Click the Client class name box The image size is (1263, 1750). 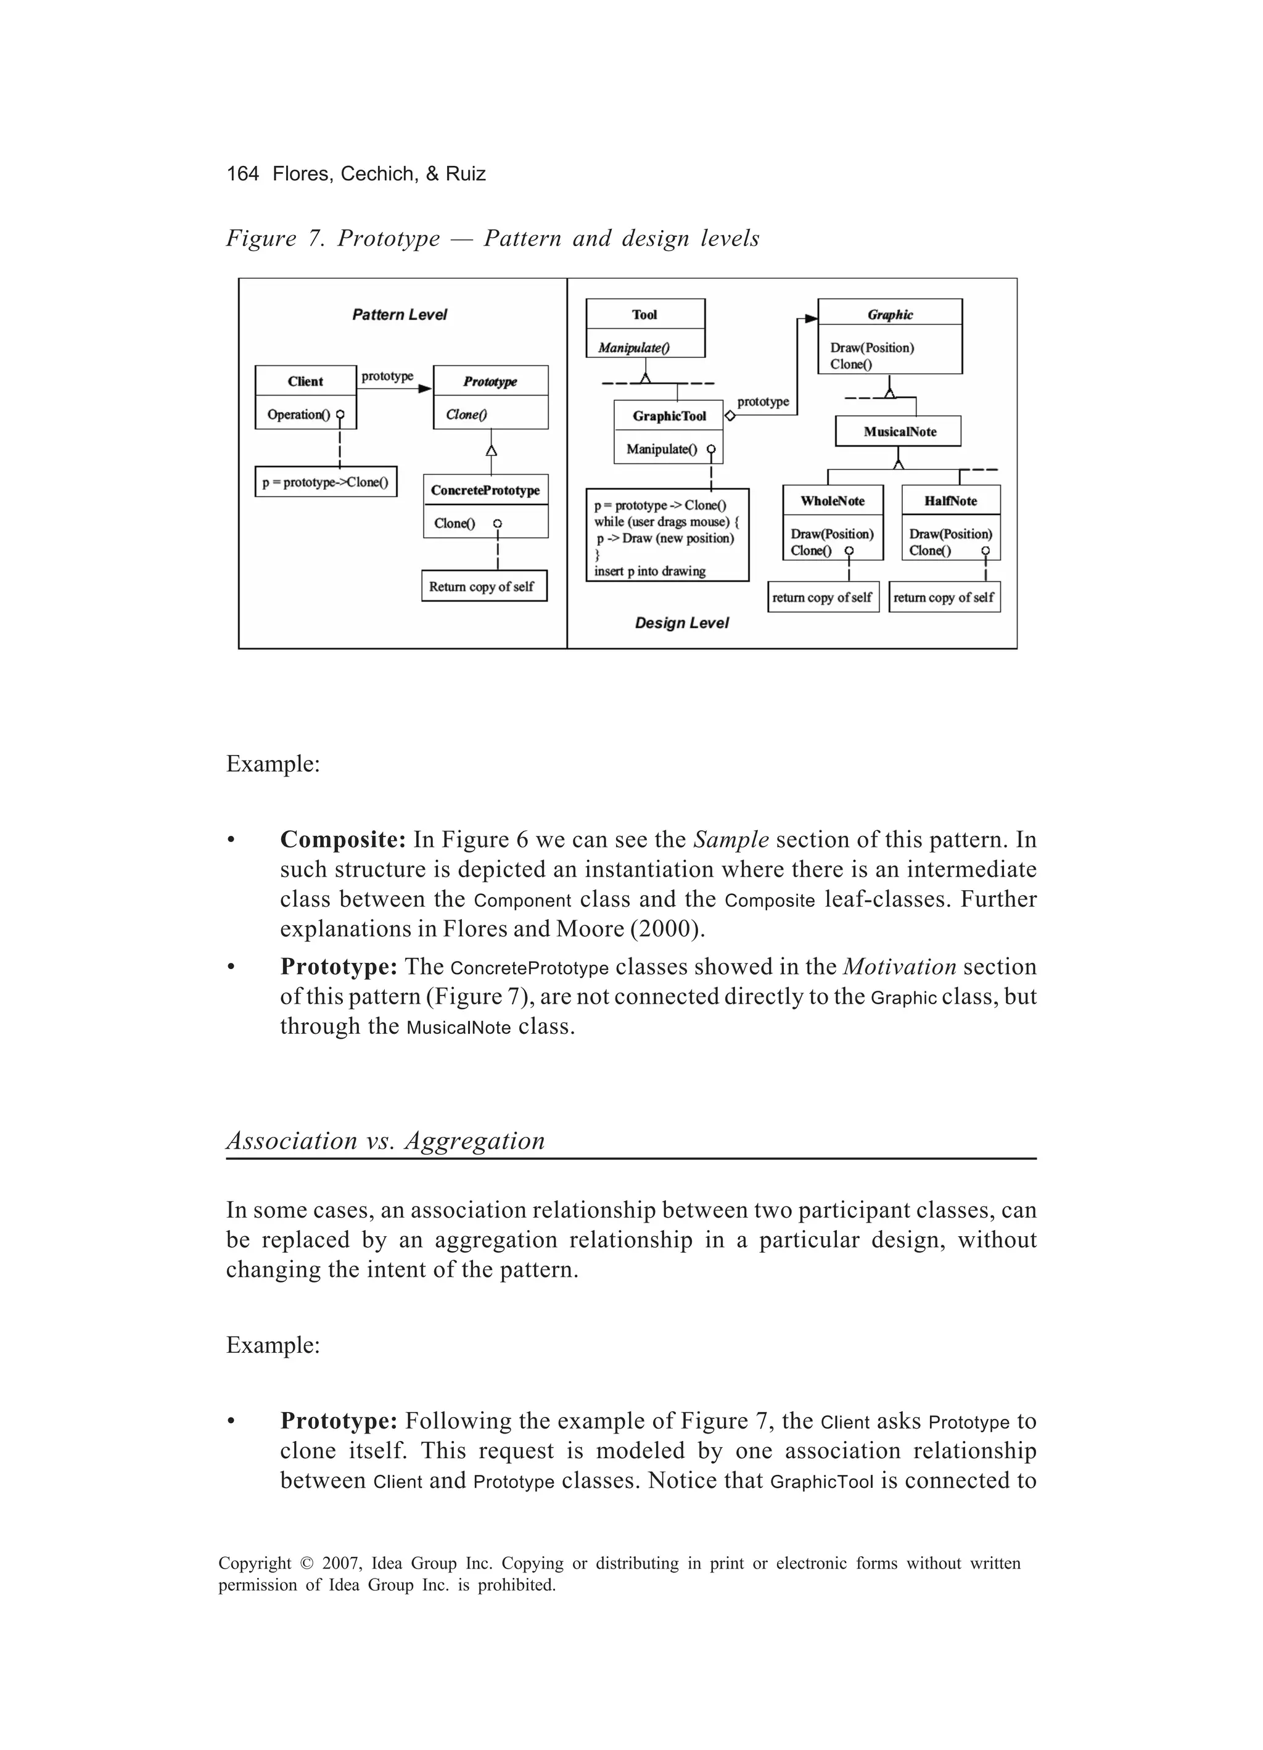click(x=305, y=381)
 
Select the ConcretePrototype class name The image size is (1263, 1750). click(x=485, y=490)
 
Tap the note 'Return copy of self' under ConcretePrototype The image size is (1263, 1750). click(x=483, y=587)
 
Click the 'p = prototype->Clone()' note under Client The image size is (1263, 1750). click(x=326, y=482)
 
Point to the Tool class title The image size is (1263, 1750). click(x=645, y=314)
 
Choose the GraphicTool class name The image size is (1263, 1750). click(x=669, y=416)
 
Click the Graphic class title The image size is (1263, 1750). click(x=889, y=314)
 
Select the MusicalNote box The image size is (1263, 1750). click(x=899, y=431)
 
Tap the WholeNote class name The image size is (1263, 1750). click(x=833, y=501)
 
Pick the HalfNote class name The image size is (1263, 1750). click(x=950, y=501)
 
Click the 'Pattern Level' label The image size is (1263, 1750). click(x=400, y=315)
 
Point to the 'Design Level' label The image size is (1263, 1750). click(x=681, y=622)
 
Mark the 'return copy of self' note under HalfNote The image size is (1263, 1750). click(x=944, y=597)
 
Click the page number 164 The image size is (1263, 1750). click(x=242, y=173)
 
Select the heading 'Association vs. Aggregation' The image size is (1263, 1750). click(x=385, y=1140)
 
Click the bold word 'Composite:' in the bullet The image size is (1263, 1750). click(x=342, y=839)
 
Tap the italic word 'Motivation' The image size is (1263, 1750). click(x=900, y=966)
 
